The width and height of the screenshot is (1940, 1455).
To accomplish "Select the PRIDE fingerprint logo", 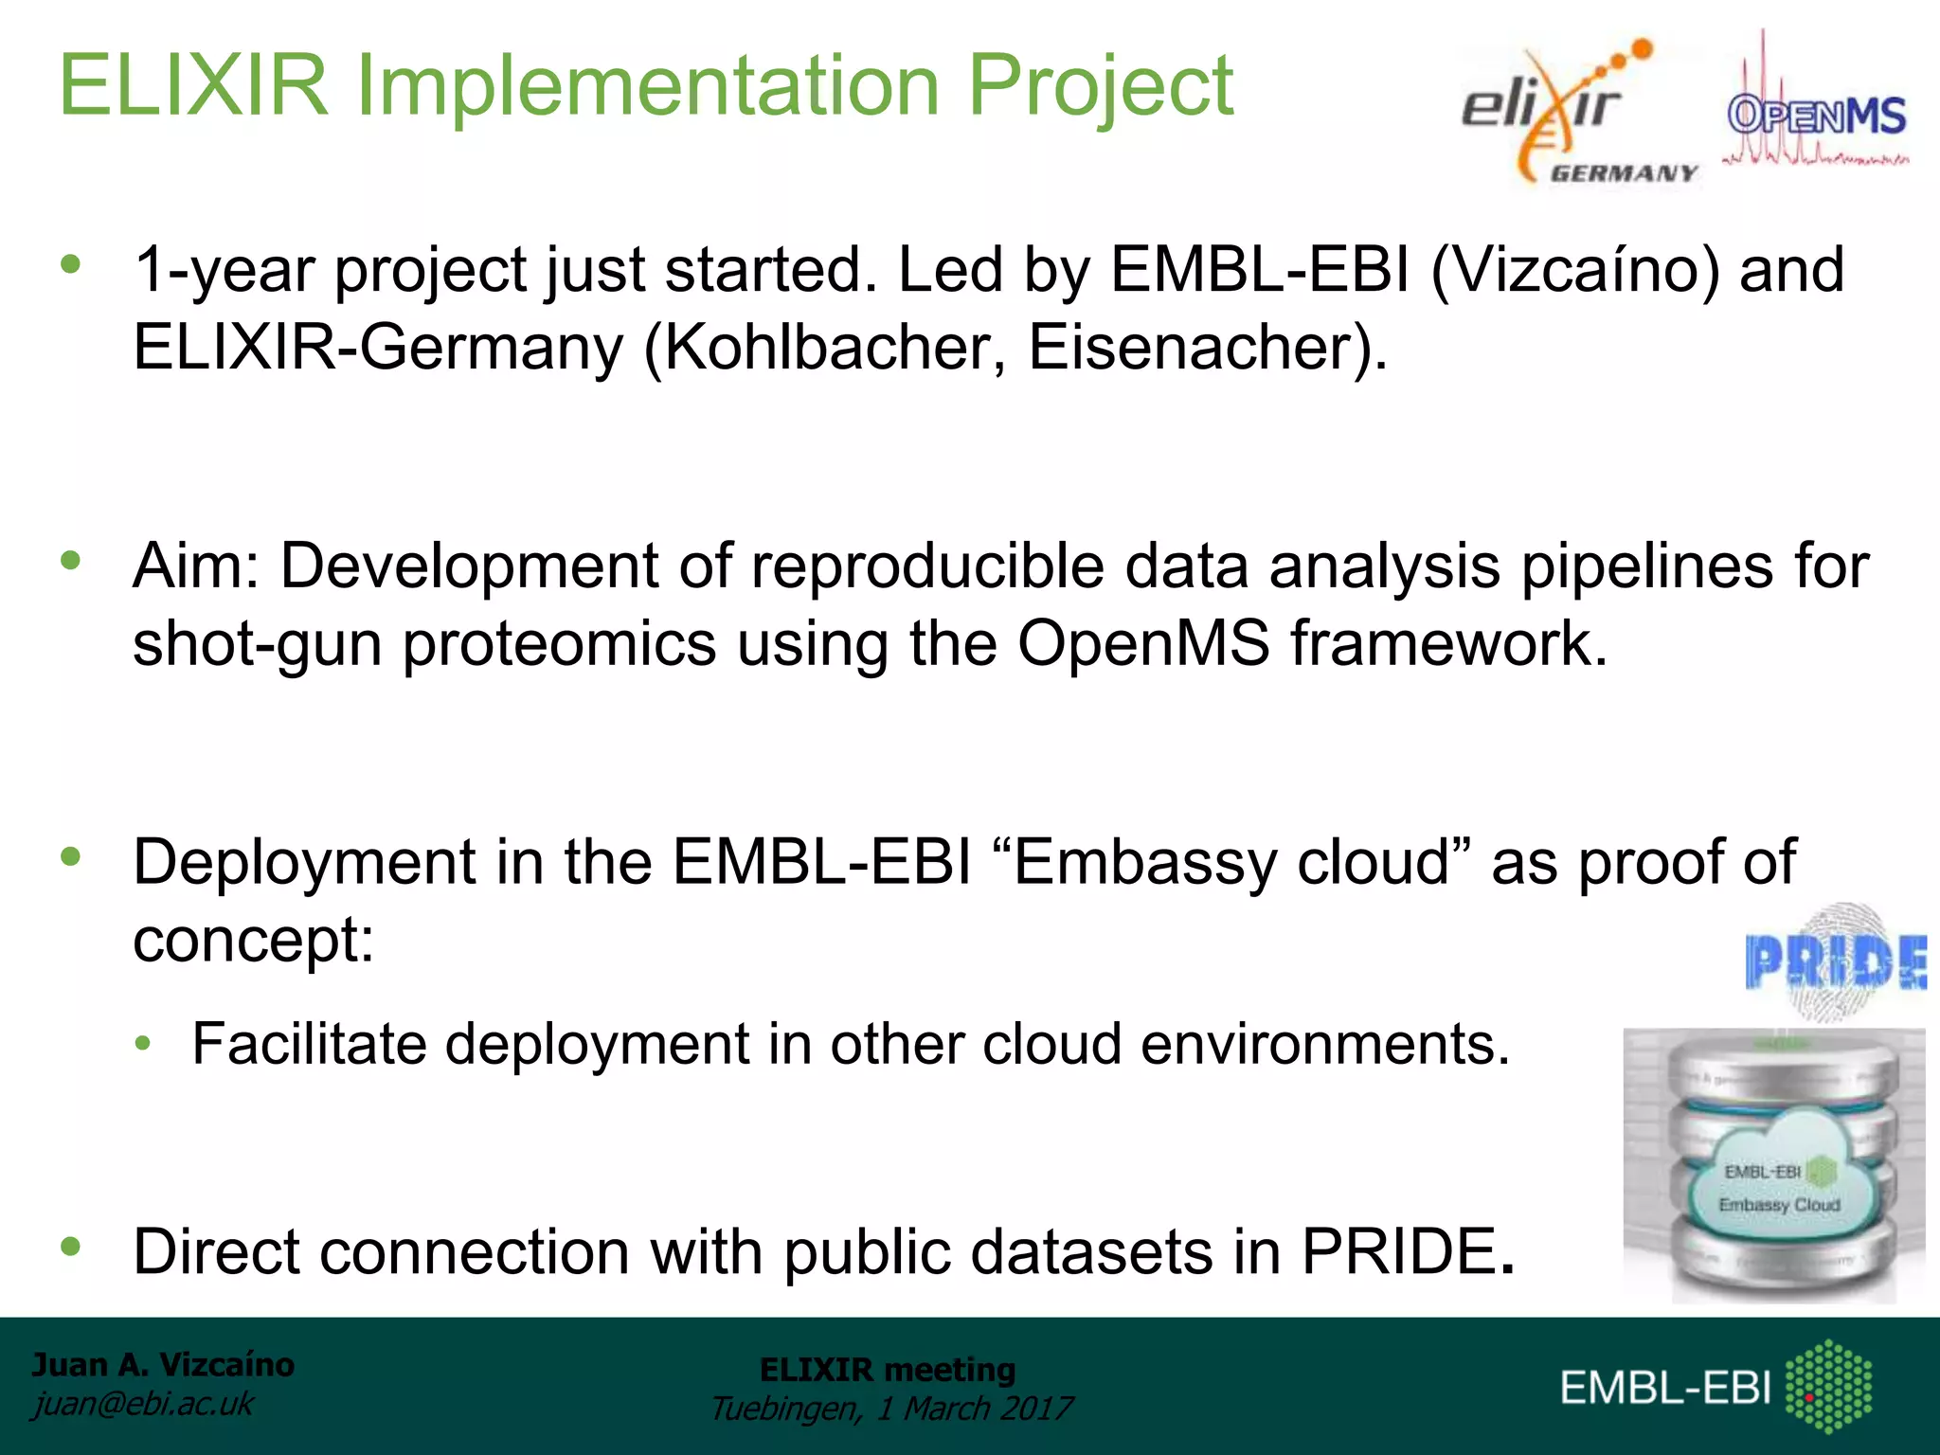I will tap(1835, 962).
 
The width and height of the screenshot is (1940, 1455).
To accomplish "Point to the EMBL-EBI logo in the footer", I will tap(1715, 1387).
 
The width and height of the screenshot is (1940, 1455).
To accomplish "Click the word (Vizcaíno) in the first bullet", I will tap(1573, 270).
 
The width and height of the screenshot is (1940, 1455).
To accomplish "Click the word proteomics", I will tap(559, 644).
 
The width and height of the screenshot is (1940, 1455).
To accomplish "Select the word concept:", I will tap(254, 941).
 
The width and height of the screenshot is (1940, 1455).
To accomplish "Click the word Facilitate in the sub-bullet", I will tap(309, 1044).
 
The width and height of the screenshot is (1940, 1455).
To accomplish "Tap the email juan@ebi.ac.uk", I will tap(143, 1404).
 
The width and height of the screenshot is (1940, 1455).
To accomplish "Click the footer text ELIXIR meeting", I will tap(887, 1370).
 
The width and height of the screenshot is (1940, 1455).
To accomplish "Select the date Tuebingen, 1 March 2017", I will tap(890, 1409).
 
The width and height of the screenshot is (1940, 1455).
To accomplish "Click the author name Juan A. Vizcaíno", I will tap(163, 1364).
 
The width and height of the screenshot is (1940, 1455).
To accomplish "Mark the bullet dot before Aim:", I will tap(70, 561).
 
